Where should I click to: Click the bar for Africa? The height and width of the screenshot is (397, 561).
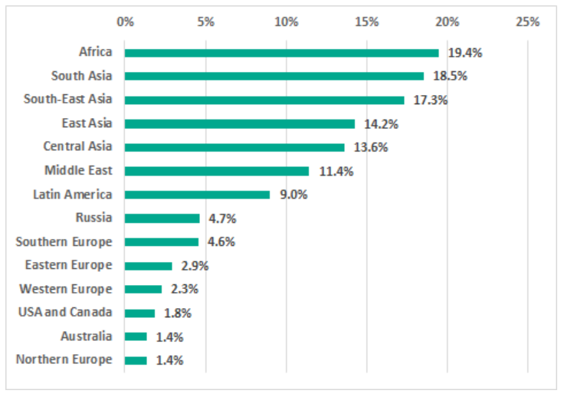click(x=281, y=53)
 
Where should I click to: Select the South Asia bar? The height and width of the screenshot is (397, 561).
click(x=274, y=76)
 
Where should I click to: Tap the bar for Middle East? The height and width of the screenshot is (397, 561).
click(x=216, y=171)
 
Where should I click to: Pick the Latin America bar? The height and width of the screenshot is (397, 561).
click(x=197, y=195)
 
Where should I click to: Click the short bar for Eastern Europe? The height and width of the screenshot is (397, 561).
click(x=148, y=266)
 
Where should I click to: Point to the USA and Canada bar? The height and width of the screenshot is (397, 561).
click(x=139, y=313)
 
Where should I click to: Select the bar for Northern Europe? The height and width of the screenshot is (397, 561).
click(x=136, y=360)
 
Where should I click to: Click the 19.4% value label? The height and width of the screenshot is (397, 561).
click(x=465, y=53)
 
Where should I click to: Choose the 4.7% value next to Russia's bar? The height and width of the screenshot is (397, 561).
click(x=222, y=218)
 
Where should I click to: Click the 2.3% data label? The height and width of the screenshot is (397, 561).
click(x=185, y=289)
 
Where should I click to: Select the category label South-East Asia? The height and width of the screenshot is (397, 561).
click(x=67, y=100)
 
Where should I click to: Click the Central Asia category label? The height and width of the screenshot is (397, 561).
click(x=77, y=146)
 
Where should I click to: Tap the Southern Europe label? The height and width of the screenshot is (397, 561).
click(x=64, y=241)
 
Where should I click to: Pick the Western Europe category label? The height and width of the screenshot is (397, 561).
click(x=65, y=289)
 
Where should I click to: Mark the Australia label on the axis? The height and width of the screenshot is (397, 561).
click(x=86, y=336)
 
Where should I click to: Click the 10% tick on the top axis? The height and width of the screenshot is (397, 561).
click(x=286, y=21)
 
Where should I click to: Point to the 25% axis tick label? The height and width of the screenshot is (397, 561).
click(x=528, y=21)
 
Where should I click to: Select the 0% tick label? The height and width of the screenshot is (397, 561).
click(x=125, y=21)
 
